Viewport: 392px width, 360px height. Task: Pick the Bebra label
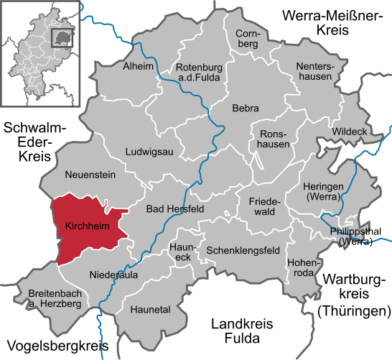(x=245, y=109)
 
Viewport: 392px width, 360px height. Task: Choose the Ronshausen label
(x=274, y=139)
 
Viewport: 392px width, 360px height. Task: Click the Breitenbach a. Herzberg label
(x=55, y=299)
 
